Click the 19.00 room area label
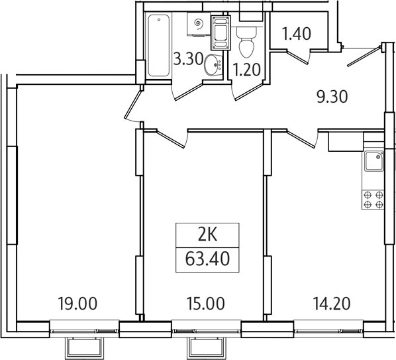click(77, 304)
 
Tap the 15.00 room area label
click(205, 304)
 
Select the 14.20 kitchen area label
click(332, 304)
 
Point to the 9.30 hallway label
click(332, 97)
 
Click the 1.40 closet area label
click(297, 34)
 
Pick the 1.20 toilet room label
click(246, 70)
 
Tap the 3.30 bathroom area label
click(189, 60)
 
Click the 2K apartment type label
click(207, 235)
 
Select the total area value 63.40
click(207, 259)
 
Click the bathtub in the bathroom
click(159, 46)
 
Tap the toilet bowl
click(246, 42)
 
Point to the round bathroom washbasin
click(213, 65)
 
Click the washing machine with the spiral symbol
click(199, 25)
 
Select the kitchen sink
click(373, 161)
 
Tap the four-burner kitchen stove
click(373, 200)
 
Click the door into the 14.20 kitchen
click(303, 138)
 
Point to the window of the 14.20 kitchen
click(328, 329)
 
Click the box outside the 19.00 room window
click(85, 348)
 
